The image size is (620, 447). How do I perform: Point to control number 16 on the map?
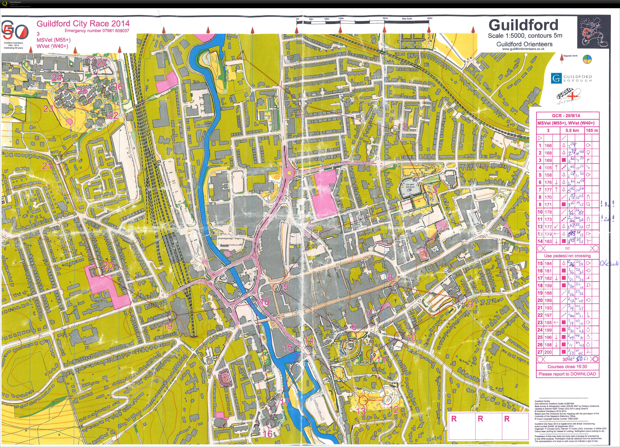click(x=268, y=434)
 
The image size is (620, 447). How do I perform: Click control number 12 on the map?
click(x=394, y=409)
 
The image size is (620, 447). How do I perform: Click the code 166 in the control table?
click(x=548, y=146)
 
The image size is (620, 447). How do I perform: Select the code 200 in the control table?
click(x=548, y=352)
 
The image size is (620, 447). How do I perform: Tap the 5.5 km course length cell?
click(x=572, y=130)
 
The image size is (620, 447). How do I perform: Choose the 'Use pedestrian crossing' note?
click(x=567, y=256)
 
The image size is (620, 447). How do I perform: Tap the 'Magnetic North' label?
click(x=571, y=56)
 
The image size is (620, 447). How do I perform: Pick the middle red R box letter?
click(x=480, y=419)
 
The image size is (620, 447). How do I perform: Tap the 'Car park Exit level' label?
click(x=410, y=185)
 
